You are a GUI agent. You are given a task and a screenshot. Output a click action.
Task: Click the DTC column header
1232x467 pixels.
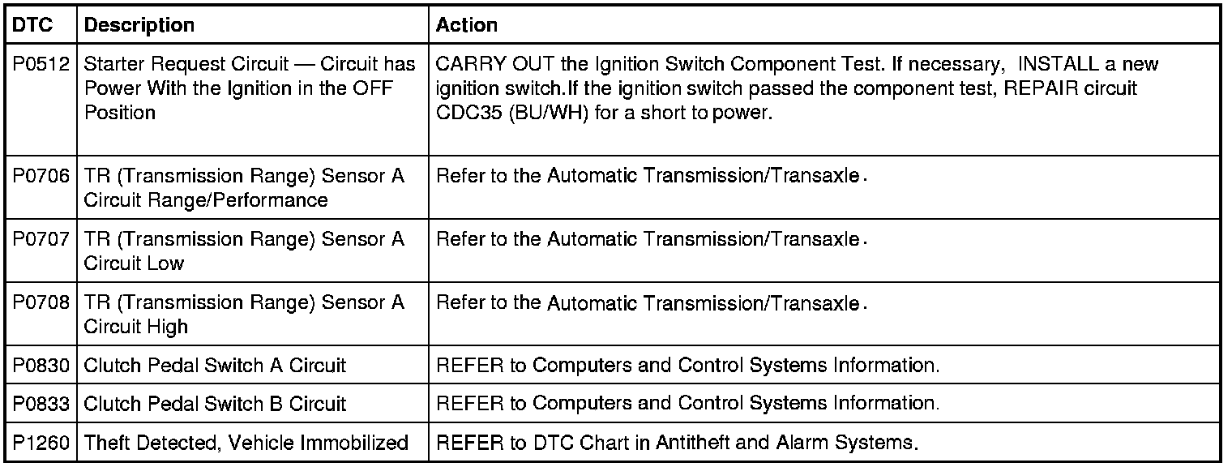pos(33,25)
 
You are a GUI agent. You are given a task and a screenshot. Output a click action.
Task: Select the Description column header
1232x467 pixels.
pos(139,25)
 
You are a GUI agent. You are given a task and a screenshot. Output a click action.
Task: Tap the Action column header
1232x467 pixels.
pos(467,25)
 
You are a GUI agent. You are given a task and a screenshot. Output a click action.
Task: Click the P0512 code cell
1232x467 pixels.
pos(42,65)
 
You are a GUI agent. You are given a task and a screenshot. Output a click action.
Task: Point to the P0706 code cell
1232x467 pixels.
pos(42,176)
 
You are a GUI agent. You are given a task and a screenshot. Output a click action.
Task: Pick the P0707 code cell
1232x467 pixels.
pos(42,239)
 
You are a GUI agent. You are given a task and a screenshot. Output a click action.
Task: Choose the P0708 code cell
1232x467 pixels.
pos(42,303)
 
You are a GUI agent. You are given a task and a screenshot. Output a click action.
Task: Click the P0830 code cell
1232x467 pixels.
pos(42,366)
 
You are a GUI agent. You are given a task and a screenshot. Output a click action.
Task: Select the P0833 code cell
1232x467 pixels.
pos(42,404)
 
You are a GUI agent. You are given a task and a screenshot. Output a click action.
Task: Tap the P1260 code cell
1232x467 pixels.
pos(42,443)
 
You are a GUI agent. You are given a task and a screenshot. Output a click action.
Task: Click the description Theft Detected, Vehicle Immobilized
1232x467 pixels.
pos(246,443)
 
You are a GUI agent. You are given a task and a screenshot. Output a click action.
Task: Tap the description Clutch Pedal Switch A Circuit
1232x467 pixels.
pos(215,366)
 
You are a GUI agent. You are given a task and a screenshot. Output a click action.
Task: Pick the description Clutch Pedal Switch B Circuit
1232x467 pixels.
pos(215,404)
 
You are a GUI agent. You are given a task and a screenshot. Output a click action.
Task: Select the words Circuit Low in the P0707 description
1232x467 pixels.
pos(134,263)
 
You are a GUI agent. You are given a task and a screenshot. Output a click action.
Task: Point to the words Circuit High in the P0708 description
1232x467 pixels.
pos(135,327)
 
